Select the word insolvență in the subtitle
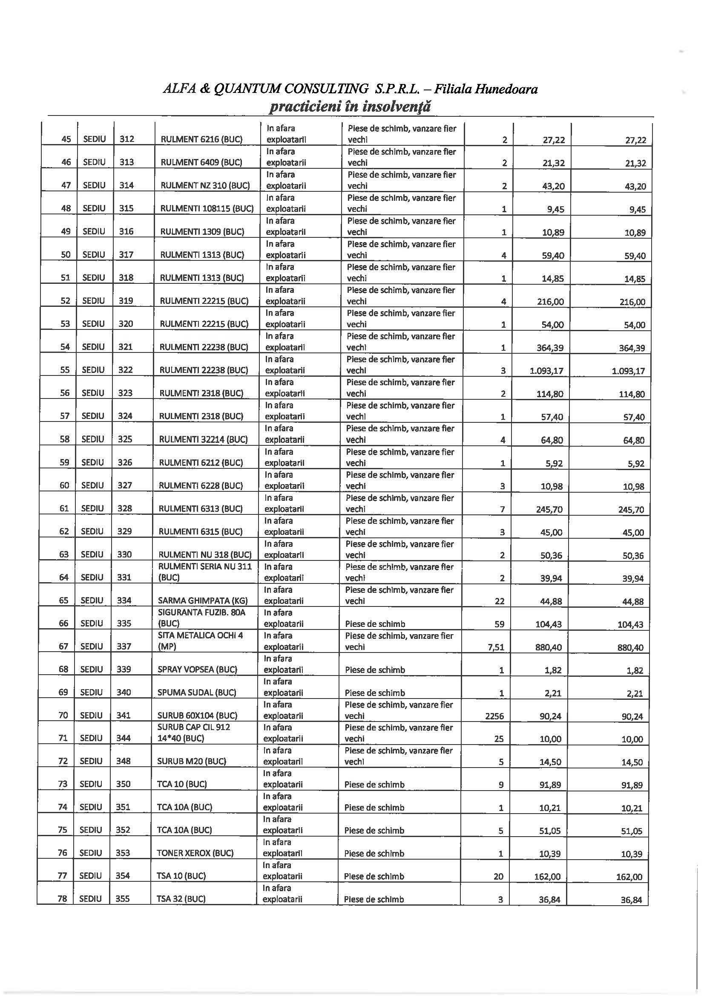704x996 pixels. (396, 106)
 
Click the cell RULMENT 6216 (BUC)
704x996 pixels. (201, 139)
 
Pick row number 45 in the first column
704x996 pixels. (66, 139)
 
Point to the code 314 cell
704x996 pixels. (126, 185)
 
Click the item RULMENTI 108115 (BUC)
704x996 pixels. (207, 208)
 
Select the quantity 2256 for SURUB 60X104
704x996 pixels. (494, 716)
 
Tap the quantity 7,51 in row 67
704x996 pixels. (496, 647)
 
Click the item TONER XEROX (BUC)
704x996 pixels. (195, 853)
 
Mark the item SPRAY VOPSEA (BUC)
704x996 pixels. (197, 670)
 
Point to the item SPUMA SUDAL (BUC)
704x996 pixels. (197, 692)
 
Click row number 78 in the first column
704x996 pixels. (63, 899)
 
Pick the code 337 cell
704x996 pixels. (124, 647)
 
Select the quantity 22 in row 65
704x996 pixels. (500, 601)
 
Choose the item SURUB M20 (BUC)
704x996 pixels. (192, 761)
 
